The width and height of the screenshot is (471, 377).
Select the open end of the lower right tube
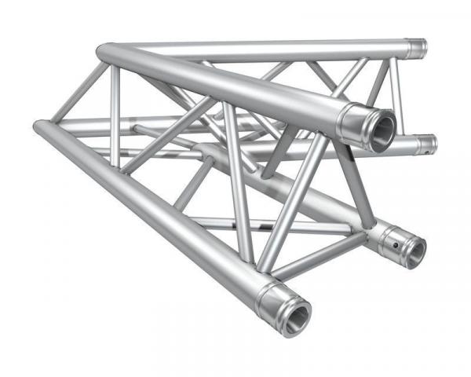click(x=413, y=251)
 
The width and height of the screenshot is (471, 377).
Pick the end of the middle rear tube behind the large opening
click(x=425, y=144)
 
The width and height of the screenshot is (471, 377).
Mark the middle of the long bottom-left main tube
click(x=157, y=208)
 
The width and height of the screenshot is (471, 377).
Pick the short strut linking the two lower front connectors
click(x=322, y=259)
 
